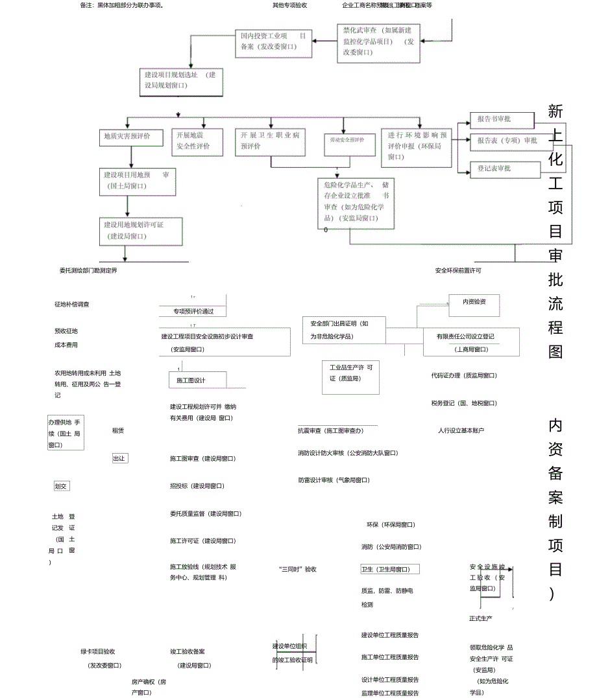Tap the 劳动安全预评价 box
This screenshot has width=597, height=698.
[x=349, y=144]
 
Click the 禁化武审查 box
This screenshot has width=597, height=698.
[x=378, y=43]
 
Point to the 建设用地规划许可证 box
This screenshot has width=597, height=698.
[x=139, y=231]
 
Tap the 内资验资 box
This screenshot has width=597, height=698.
[x=476, y=301]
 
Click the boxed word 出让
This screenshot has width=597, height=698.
[x=119, y=458]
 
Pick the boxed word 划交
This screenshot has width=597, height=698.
[x=62, y=485]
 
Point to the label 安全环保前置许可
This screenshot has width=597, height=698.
[x=459, y=270]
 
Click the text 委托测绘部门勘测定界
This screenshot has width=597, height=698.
[x=88, y=270]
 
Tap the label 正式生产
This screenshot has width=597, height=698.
[x=481, y=618]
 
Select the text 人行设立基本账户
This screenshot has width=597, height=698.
[x=461, y=430]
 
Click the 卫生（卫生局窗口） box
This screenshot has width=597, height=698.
[x=389, y=569]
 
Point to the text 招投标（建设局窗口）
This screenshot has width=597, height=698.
[x=197, y=485]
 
